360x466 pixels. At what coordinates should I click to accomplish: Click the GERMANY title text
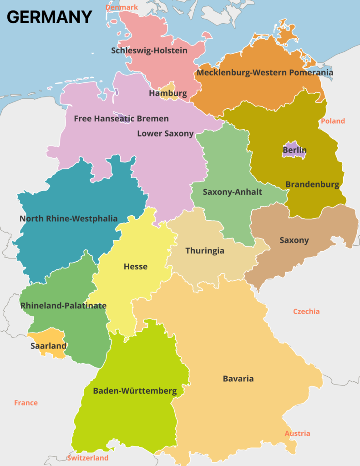[49, 17]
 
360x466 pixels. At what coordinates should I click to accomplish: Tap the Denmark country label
[122, 7]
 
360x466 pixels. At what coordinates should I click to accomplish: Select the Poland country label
[333, 121]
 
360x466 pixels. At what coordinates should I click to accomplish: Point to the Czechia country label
[306, 312]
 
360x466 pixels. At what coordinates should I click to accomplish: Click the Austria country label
[297, 434]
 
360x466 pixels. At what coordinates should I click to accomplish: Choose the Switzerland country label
[88, 458]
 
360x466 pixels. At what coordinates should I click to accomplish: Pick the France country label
[26, 403]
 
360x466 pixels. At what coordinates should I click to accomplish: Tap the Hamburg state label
[168, 94]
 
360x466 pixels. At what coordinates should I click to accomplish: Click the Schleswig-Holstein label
[149, 51]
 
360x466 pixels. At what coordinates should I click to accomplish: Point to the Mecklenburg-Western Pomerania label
[265, 72]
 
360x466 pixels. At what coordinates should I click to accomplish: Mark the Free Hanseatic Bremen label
[121, 119]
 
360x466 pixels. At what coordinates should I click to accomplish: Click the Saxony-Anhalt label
[232, 192]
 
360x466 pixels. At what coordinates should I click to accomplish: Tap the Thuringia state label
[205, 251]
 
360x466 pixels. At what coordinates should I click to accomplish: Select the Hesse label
[136, 267]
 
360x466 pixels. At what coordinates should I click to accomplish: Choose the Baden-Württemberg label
[135, 391]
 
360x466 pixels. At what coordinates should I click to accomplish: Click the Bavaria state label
[238, 379]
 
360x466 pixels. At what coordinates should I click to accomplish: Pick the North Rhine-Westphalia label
[68, 219]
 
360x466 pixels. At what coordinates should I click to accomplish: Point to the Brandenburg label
[312, 185]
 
